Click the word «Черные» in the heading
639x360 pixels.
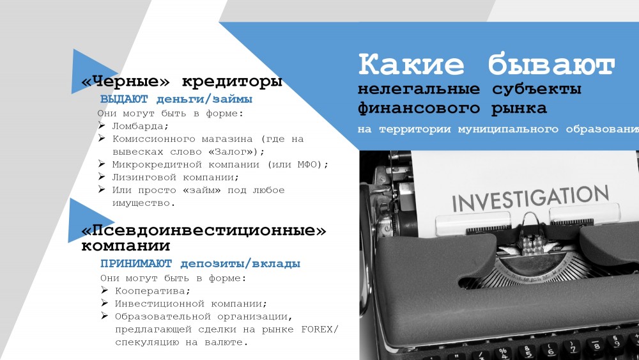(x=125, y=81)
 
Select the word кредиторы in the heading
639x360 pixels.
(x=232, y=82)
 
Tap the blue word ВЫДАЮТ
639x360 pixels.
(x=125, y=99)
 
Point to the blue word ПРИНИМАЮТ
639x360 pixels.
(x=136, y=263)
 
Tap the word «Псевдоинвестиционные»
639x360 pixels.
(x=204, y=230)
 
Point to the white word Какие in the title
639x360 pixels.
(x=411, y=64)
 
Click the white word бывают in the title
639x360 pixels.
(x=551, y=64)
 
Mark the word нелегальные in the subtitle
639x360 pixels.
(x=419, y=89)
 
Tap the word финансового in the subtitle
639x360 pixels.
(x=419, y=109)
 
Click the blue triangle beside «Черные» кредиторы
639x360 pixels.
(x=87, y=72)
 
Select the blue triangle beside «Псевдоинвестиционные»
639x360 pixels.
(x=85, y=221)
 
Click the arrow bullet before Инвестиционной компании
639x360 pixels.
(x=104, y=303)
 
